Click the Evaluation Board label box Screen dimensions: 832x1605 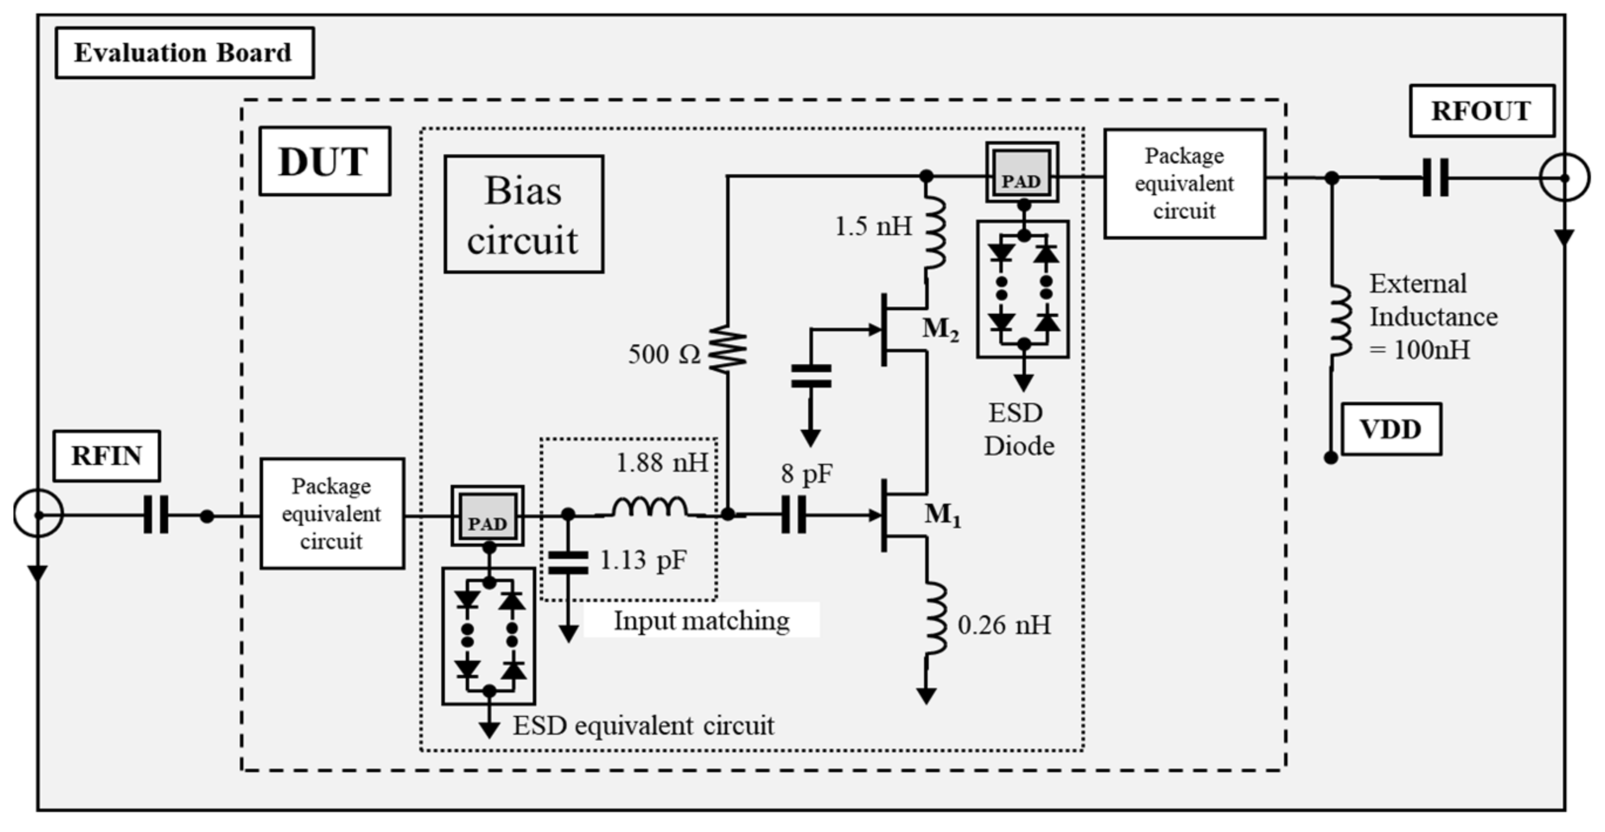pos(185,53)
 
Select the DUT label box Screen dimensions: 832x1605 pos(325,162)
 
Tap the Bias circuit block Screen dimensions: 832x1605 pos(523,215)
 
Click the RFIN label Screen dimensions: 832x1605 pos(107,456)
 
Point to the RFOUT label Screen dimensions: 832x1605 pos(1481,111)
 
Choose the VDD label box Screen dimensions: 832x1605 pos(1391,429)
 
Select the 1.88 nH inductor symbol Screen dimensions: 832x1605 pos(650,508)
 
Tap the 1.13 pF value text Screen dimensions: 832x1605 pos(642,561)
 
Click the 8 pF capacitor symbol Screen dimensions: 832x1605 pos(793,515)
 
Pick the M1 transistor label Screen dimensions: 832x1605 pos(942,515)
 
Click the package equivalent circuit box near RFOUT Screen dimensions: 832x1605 pos(1184,184)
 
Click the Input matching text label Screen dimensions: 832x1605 pos(701,621)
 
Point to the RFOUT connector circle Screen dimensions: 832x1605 pos(1564,178)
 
